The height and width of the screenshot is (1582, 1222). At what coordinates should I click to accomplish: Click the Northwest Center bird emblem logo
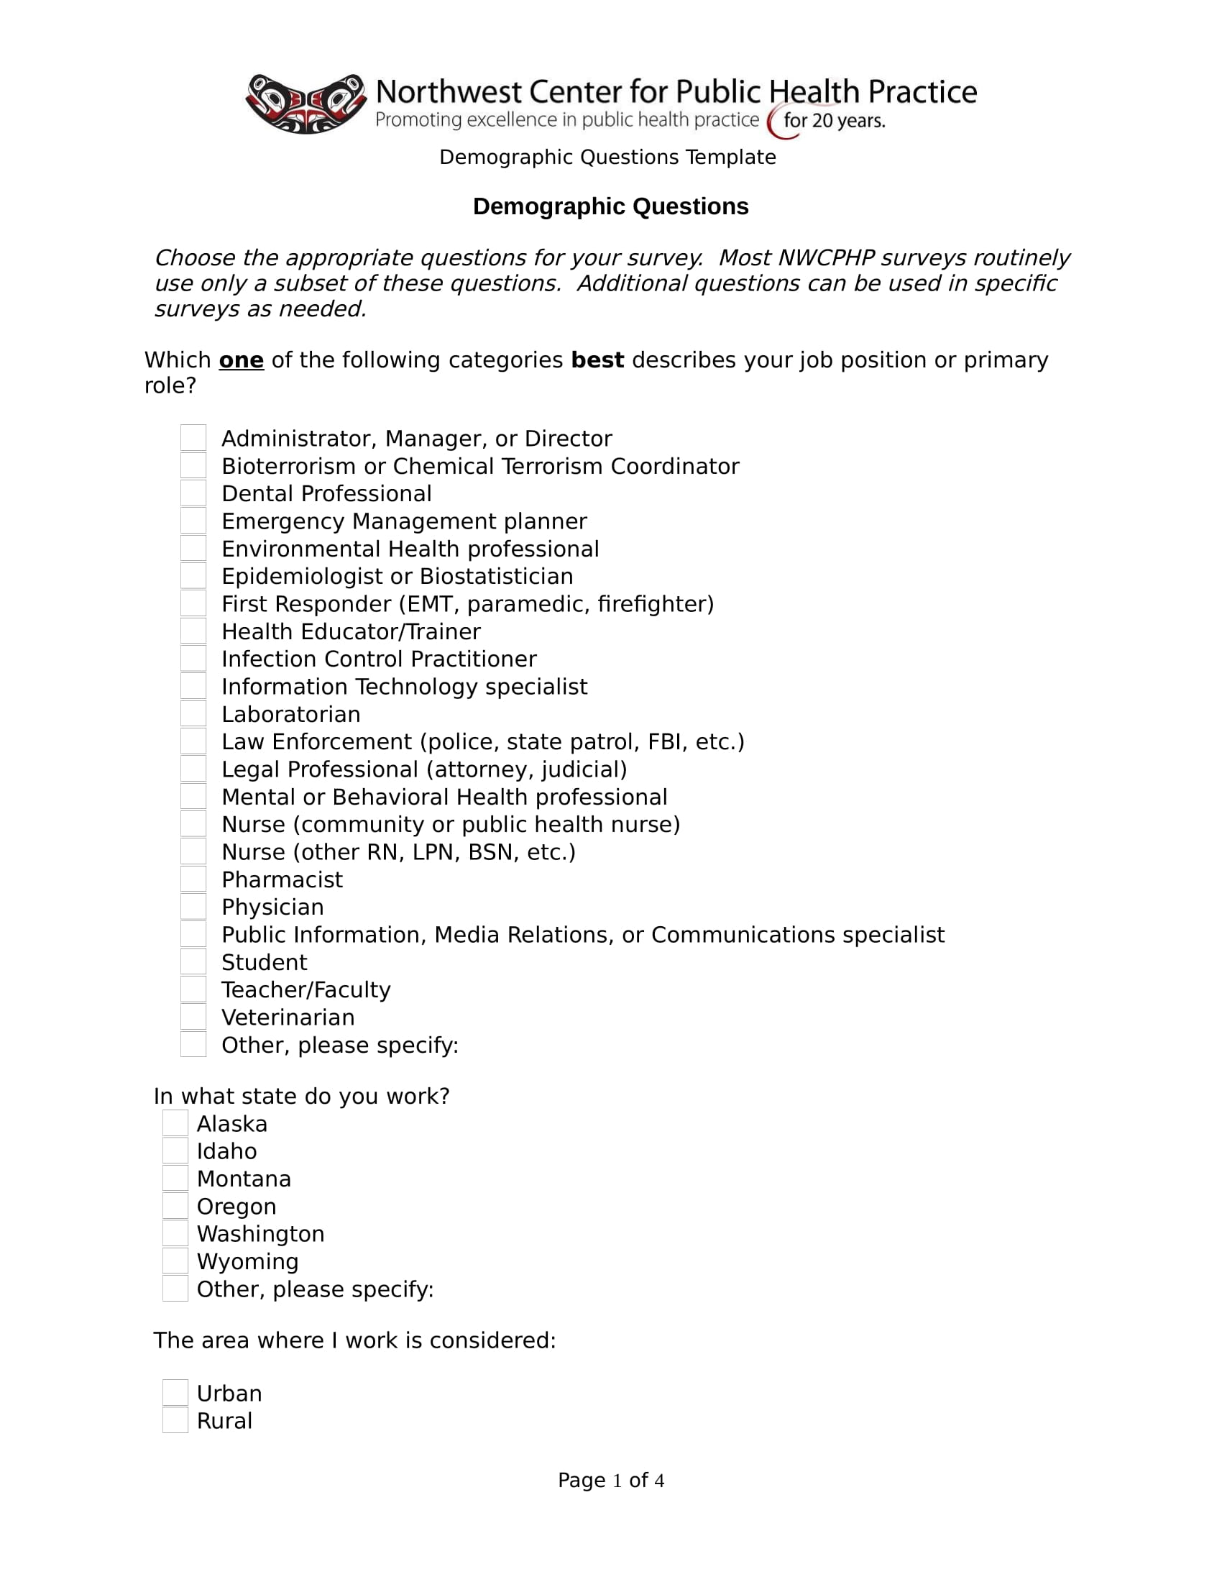click(305, 104)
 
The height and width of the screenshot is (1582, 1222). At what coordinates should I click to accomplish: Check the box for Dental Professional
click(193, 493)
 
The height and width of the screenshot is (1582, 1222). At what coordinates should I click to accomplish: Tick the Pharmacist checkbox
click(193, 879)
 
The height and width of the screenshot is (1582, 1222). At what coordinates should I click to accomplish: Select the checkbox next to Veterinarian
click(193, 1017)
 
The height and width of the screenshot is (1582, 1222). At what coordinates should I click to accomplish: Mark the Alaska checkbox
click(175, 1123)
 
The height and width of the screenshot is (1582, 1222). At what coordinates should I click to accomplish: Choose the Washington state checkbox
click(175, 1233)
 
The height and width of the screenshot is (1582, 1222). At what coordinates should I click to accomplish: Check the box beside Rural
click(175, 1420)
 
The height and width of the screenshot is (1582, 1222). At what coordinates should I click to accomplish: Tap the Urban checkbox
click(175, 1393)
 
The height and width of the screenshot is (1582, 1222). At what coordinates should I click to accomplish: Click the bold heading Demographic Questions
click(610, 206)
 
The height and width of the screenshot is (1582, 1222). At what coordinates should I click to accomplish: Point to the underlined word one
click(241, 360)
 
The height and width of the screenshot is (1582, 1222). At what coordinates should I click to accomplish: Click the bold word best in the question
click(597, 360)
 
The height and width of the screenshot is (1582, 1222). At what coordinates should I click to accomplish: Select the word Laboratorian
click(291, 714)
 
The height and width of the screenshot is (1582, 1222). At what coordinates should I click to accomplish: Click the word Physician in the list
click(273, 907)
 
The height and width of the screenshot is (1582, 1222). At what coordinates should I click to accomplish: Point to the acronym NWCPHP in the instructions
click(826, 258)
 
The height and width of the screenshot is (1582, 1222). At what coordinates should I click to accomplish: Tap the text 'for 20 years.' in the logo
click(834, 120)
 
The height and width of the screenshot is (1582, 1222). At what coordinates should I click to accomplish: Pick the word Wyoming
click(247, 1261)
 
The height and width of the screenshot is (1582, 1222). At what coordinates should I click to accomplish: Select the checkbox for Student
click(193, 962)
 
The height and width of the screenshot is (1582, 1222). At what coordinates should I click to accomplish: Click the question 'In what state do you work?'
click(301, 1096)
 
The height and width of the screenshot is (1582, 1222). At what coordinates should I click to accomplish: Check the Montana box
click(175, 1179)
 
